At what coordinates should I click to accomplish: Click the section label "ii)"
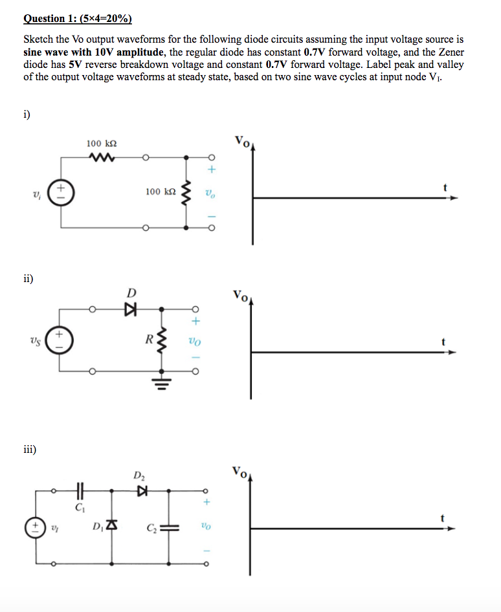point(27,279)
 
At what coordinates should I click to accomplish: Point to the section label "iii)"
point(29,448)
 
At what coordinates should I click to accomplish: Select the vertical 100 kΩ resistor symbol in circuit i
point(187,192)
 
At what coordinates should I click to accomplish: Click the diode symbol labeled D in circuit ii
point(131,310)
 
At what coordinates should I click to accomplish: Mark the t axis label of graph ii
point(443,341)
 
